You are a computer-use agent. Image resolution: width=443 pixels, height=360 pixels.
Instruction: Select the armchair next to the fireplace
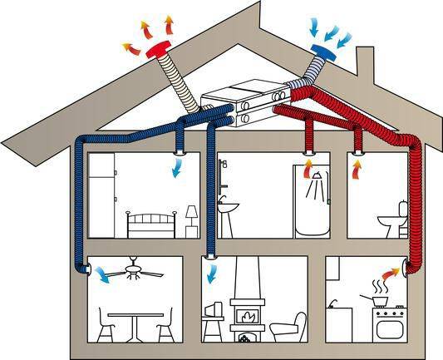click(288, 326)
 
